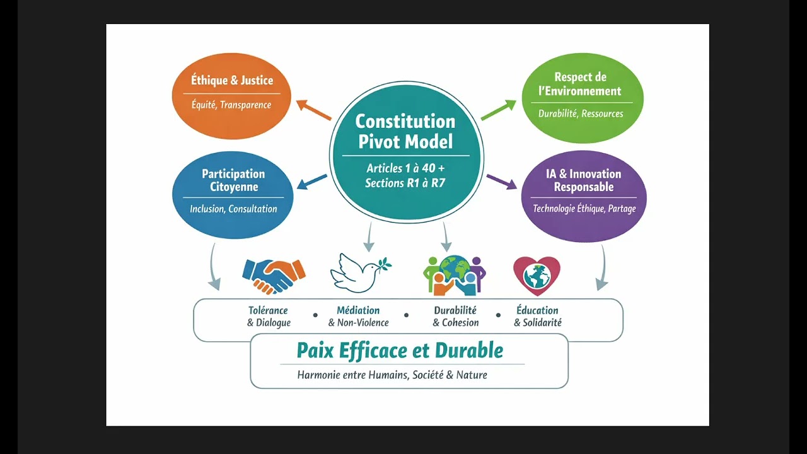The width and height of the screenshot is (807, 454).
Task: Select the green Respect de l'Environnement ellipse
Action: coord(583,97)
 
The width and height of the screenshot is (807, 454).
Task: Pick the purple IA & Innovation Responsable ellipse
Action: coord(584,195)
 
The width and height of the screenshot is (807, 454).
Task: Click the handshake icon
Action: coord(274,273)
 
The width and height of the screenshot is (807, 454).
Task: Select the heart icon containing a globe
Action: coord(537,275)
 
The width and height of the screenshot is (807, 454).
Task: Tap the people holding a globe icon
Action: coord(454,274)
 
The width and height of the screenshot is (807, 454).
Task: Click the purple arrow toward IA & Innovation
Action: coord(501,182)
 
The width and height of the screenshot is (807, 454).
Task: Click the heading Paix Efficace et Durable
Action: coord(400,350)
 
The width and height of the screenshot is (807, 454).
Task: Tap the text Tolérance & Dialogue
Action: coord(269,317)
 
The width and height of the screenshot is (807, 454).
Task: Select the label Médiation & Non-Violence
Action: coord(358,317)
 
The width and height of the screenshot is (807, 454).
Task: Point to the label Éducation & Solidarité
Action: coord(537,317)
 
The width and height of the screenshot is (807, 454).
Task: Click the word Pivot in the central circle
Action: coord(380,141)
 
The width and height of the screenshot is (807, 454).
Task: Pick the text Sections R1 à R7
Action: coord(405,183)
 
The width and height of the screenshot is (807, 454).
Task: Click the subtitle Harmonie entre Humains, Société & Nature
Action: coord(392,375)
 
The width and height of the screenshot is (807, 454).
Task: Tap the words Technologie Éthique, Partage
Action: coord(584,209)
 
